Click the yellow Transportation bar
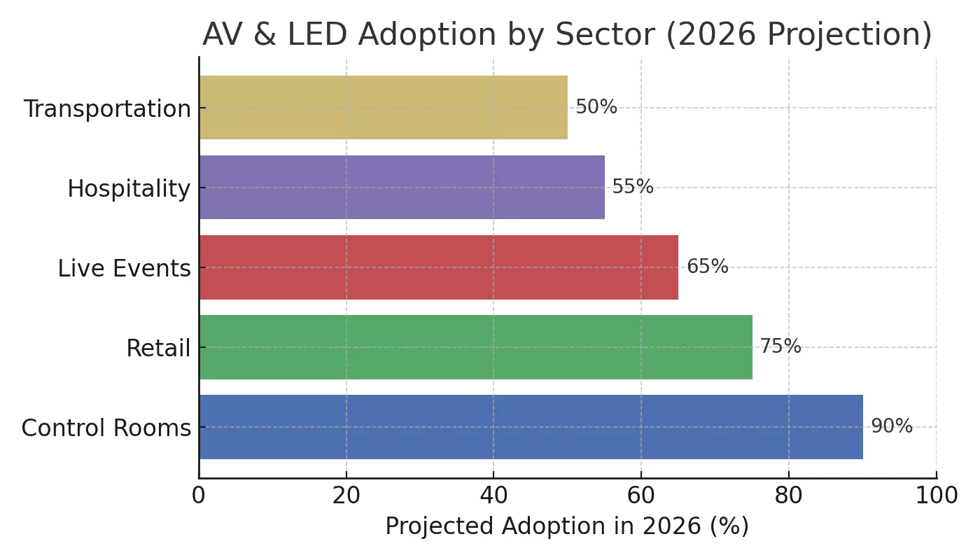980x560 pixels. pyautogui.click(x=383, y=107)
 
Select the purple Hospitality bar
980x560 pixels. pyautogui.click(x=402, y=187)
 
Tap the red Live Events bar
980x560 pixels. pyautogui.click(x=438, y=267)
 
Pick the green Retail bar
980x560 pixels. pyautogui.click(x=475, y=346)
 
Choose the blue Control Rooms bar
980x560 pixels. pyautogui.click(x=531, y=426)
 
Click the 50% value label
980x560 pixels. pyautogui.click(x=596, y=107)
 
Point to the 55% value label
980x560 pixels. pyautogui.click(x=633, y=187)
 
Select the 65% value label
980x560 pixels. pyautogui.click(x=707, y=267)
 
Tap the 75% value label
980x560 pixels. pyautogui.click(x=780, y=346)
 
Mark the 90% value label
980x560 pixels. pyautogui.click(x=891, y=426)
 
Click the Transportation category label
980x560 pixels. pyautogui.click(x=107, y=109)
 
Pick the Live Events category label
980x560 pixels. pyautogui.click(x=124, y=269)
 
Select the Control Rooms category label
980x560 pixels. pyautogui.click(x=106, y=428)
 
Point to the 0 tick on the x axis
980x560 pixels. pyautogui.click(x=199, y=495)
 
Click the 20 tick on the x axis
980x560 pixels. pyautogui.click(x=346, y=495)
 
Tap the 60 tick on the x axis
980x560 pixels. pyautogui.click(x=641, y=495)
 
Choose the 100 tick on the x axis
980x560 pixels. pyautogui.click(x=936, y=495)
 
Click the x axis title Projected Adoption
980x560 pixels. pyautogui.click(x=567, y=526)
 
